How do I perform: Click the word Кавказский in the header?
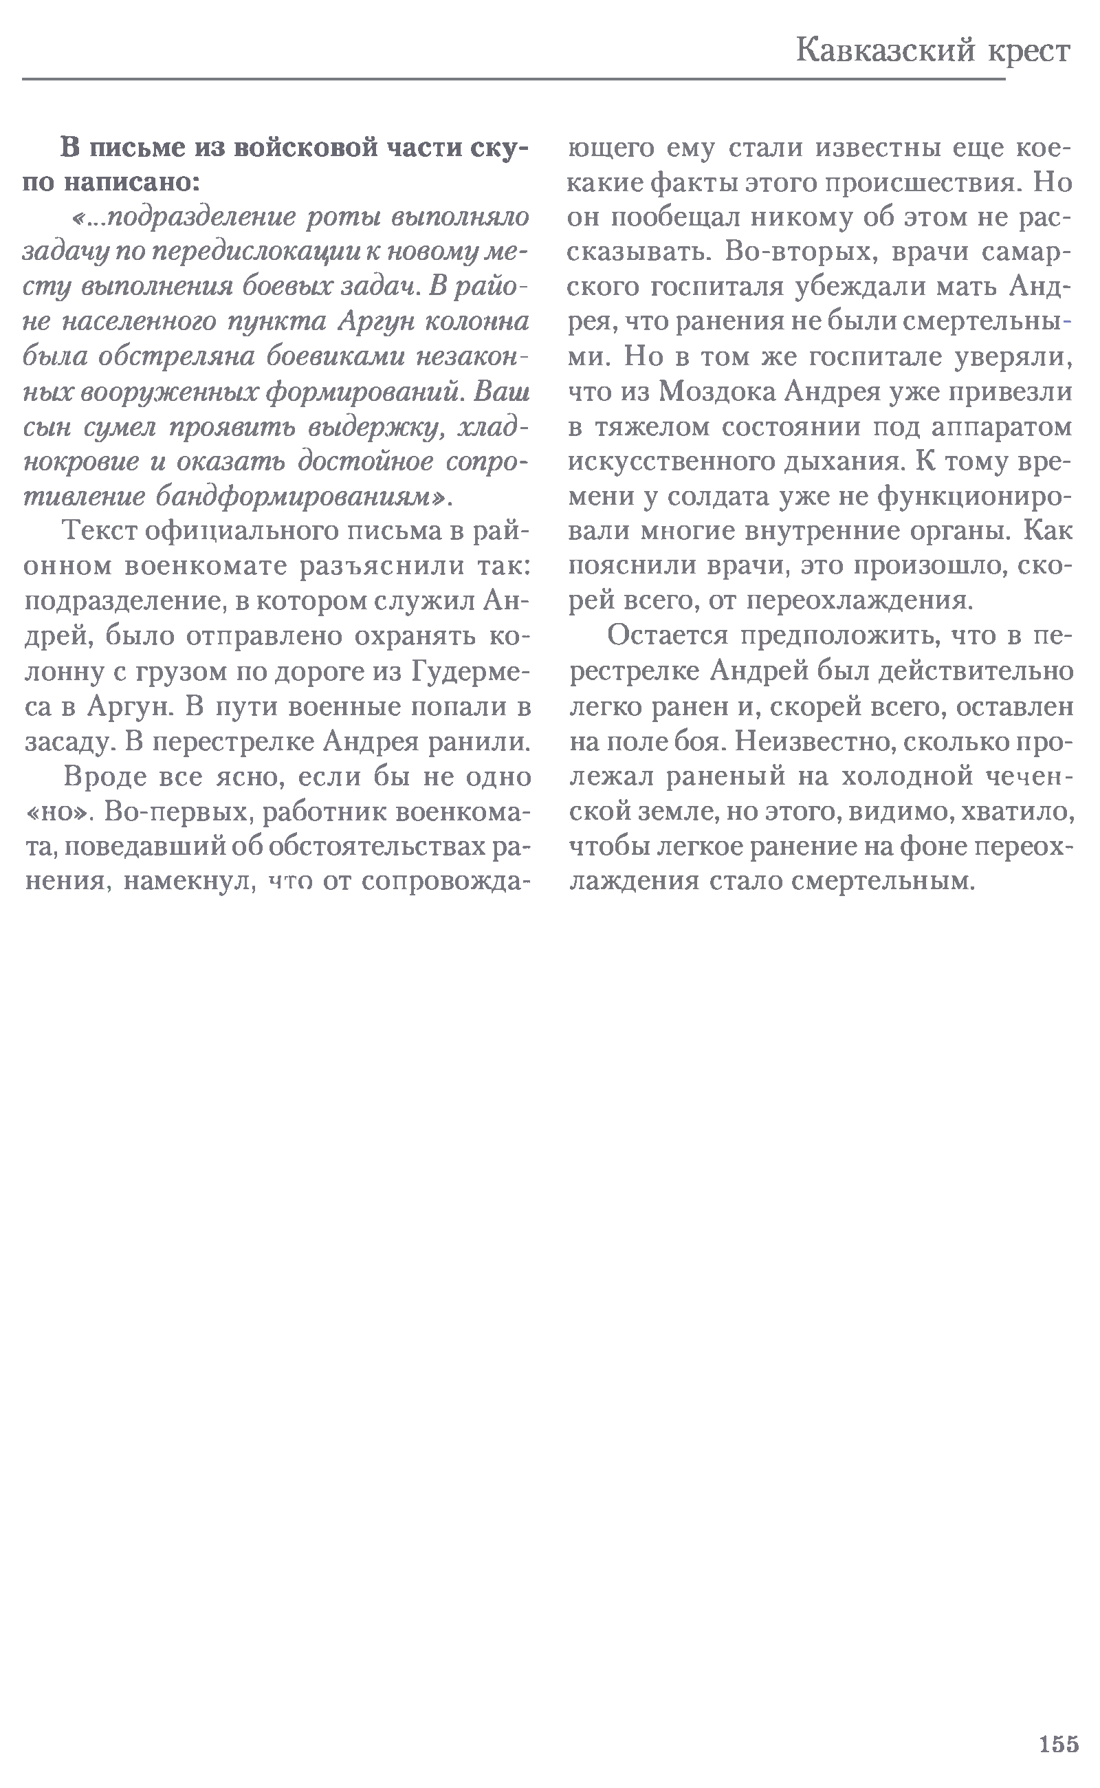(x=885, y=51)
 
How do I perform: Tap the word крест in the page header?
(x=1028, y=51)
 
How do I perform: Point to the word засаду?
(x=69, y=741)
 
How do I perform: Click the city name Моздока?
(x=716, y=392)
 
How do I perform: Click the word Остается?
(x=667, y=635)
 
